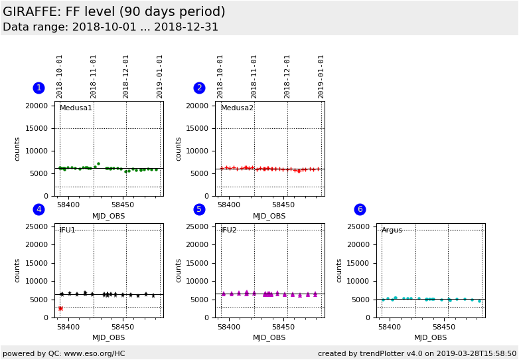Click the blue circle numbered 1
[x=38, y=88]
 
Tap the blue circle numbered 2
[x=199, y=88]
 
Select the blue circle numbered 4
[x=38, y=209]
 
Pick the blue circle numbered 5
[x=199, y=209]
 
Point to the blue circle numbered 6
[x=360, y=209]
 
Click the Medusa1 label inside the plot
[x=76, y=108]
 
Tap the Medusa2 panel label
[x=237, y=108]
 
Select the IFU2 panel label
[x=228, y=230]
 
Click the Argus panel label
[x=392, y=230]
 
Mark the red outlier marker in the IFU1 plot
[x=60, y=308]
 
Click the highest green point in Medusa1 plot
[x=98, y=163]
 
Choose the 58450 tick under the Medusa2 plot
[x=283, y=205]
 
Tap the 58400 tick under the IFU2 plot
[x=229, y=327]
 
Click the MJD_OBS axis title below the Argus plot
[x=430, y=337]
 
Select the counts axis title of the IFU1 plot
[x=18, y=270]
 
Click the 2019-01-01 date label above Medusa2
[x=321, y=76]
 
